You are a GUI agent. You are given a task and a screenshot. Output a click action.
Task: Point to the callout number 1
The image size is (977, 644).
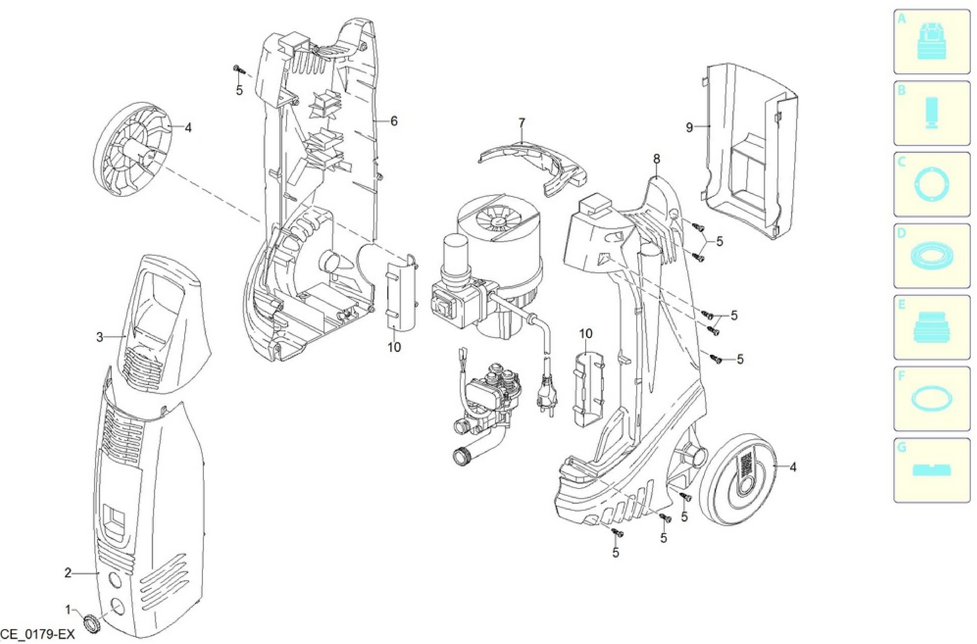(x=68, y=609)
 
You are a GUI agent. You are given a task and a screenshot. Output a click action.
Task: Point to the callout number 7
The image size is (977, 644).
(x=522, y=123)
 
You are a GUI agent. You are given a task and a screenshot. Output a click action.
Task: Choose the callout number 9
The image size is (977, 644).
(x=689, y=127)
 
